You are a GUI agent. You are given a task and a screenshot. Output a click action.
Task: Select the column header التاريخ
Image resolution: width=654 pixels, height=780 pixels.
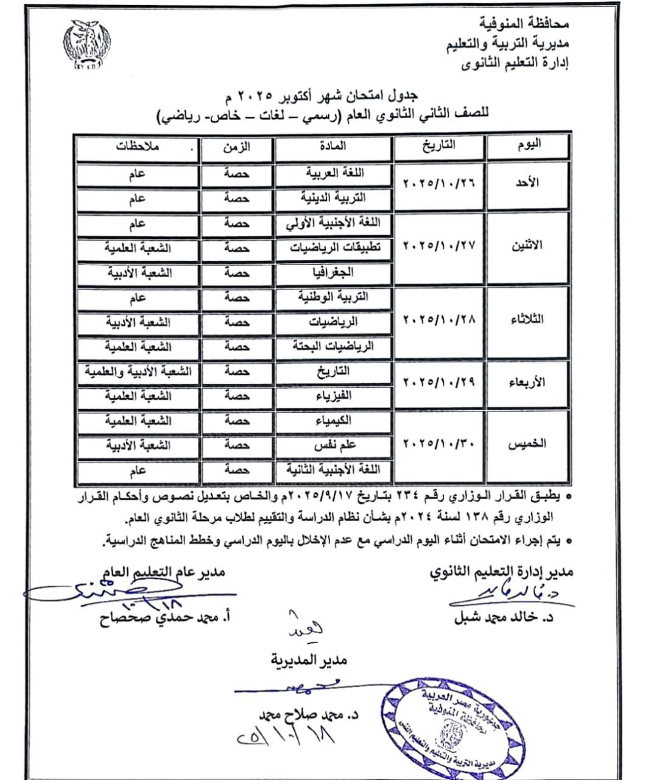click(440, 146)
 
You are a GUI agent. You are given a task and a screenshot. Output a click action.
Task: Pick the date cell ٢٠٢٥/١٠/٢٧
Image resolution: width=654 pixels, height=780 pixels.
click(439, 246)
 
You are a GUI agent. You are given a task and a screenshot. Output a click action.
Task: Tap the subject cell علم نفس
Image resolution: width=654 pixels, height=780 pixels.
click(334, 445)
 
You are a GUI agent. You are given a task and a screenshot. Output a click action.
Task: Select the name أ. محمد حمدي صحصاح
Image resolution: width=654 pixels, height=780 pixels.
click(164, 617)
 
